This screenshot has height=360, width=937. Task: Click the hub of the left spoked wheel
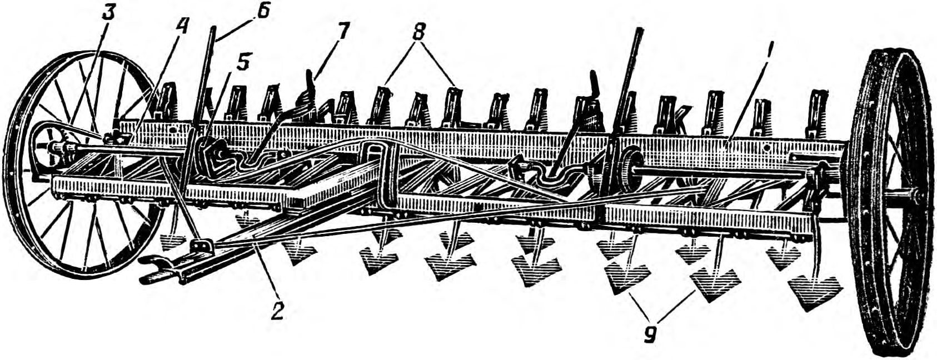47,147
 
